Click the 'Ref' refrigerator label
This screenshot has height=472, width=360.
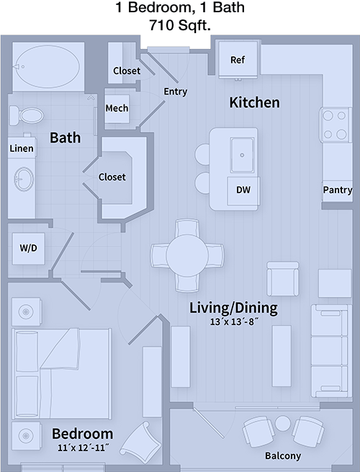pyautogui.click(x=238, y=60)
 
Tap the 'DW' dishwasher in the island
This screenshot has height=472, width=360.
pyautogui.click(x=243, y=191)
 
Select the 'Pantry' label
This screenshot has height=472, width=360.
pyautogui.click(x=338, y=190)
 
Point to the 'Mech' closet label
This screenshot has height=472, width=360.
pyautogui.click(x=117, y=108)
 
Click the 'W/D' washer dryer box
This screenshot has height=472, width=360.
pyautogui.click(x=29, y=249)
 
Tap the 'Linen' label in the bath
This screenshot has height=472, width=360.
pyautogui.click(x=22, y=148)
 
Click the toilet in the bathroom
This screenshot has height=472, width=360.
pyautogui.click(x=26, y=115)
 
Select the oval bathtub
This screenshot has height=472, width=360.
pyautogui.click(x=48, y=66)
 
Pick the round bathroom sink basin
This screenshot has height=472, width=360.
pyautogui.click(x=24, y=179)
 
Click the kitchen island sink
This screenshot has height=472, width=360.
pyautogui.click(x=242, y=155)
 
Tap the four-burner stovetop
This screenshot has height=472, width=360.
pyautogui.click(x=335, y=125)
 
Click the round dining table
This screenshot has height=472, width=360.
pyautogui.click(x=187, y=255)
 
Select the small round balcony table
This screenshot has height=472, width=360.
pyautogui.click(x=283, y=423)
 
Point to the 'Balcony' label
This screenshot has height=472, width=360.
pyautogui.click(x=283, y=455)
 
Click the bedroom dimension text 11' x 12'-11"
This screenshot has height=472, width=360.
pyautogui.click(x=83, y=448)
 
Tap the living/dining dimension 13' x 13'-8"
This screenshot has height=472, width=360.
pyautogui.click(x=234, y=322)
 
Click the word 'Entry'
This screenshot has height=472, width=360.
pyautogui.click(x=176, y=92)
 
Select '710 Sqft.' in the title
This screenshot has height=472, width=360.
pyautogui.click(x=180, y=25)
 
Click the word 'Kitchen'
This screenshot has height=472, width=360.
pyautogui.click(x=254, y=102)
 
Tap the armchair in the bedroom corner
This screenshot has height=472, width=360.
pyautogui.click(x=140, y=440)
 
